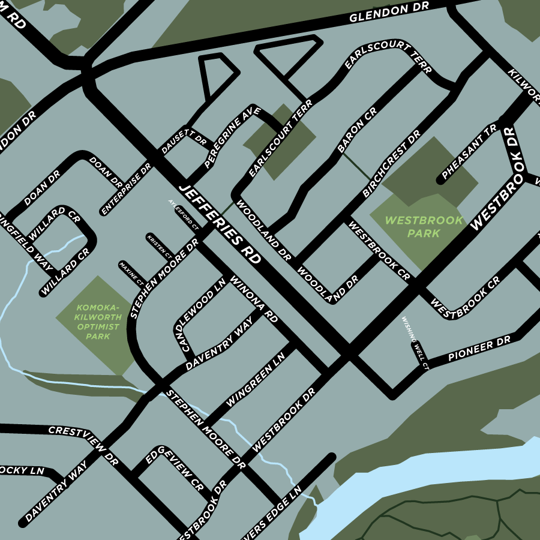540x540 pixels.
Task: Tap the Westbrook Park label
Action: pyautogui.click(x=424, y=227)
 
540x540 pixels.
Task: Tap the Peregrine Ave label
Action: pyautogui.click(x=232, y=137)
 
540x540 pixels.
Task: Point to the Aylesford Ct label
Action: pyautogui.click(x=183, y=215)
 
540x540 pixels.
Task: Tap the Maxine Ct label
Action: pyautogui.click(x=131, y=272)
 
